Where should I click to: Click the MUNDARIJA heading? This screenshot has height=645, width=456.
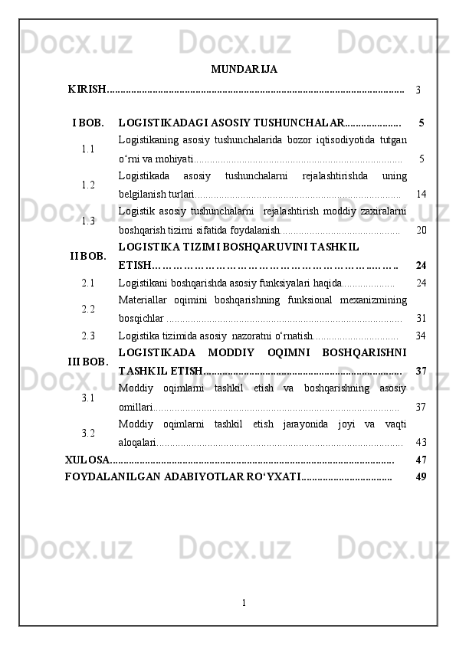tap(244, 70)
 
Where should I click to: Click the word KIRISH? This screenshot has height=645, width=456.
tap(86, 90)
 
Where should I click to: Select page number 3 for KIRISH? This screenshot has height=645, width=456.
tap(418, 90)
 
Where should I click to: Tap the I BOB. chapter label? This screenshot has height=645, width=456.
tap(88, 123)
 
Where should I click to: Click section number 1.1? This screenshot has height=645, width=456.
tap(88, 149)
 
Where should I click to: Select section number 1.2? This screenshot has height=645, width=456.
tap(88, 185)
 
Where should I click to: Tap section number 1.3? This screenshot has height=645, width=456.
tap(88, 221)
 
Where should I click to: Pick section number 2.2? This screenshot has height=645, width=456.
tap(88, 309)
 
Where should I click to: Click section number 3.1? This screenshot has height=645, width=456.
tap(88, 398)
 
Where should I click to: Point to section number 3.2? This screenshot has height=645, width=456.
tap(88, 433)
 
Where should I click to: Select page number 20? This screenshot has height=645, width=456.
tap(421, 231)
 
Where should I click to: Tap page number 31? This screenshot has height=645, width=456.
tap(421, 318)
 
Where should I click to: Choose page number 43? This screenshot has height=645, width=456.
tap(421, 443)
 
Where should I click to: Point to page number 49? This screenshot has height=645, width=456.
tap(420, 477)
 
